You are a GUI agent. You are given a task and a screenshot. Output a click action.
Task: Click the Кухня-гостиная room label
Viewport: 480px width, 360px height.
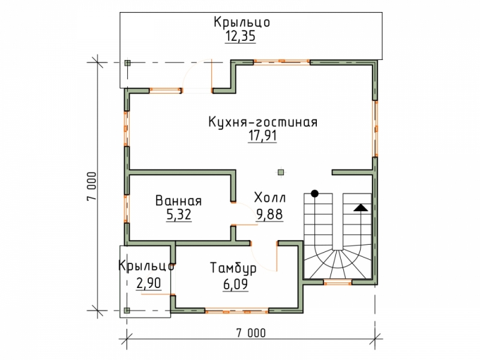263,122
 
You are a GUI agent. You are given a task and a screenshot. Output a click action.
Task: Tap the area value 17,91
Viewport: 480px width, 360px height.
262,136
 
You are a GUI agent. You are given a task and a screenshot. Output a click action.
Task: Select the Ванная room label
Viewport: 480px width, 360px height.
178,201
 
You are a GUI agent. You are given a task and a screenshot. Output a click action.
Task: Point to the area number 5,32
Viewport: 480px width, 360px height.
179,215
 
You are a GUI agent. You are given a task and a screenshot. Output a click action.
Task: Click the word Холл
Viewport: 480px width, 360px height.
270,198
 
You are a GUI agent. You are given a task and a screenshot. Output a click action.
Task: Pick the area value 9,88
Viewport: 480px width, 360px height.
269,215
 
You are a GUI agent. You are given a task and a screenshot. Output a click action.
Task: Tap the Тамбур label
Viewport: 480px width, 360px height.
233,268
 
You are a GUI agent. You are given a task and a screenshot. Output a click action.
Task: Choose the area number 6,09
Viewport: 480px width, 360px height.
235,284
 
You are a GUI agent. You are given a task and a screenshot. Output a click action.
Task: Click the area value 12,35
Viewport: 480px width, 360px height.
241,37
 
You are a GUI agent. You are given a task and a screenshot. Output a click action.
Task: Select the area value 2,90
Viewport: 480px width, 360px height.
148,283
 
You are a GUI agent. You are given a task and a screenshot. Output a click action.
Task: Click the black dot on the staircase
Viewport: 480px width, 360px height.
314,193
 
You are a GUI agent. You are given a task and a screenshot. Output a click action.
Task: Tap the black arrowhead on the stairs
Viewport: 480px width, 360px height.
361,208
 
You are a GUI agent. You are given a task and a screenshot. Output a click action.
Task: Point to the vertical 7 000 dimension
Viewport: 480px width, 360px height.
92,187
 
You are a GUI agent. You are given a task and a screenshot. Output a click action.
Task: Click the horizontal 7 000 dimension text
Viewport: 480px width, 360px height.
251,333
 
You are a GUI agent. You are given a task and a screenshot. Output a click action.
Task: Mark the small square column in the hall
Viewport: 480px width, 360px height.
281,172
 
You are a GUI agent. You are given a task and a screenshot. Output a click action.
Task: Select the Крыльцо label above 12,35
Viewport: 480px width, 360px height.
242,22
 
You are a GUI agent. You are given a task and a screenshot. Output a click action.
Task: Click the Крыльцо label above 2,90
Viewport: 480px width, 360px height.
146,266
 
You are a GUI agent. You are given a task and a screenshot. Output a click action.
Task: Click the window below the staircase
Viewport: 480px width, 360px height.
338,282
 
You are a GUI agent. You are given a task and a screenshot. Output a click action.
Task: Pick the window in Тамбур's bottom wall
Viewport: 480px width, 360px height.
236,311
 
